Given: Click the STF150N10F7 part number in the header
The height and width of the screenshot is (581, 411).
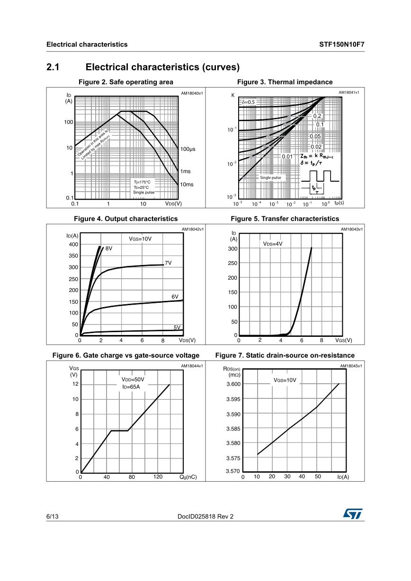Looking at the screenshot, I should [341, 44].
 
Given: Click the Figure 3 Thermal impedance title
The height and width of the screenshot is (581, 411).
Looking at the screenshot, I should [285, 82].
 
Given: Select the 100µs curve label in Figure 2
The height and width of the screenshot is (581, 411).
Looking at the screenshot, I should [188, 149].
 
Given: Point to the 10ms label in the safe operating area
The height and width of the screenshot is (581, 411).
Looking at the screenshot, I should [186, 185].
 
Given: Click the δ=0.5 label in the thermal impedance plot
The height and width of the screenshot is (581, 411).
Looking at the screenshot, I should [248, 102].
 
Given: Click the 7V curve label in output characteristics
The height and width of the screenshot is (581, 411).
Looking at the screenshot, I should [168, 263].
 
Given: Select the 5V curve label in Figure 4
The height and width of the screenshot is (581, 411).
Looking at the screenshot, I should [177, 327].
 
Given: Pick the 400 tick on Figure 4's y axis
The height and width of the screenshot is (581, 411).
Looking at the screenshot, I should [73, 245].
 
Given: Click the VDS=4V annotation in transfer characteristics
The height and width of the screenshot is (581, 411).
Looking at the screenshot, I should [273, 244].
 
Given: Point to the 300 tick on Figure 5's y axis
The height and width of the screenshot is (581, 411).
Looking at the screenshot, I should [232, 249].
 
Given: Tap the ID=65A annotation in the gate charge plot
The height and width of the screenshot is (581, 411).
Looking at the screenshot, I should [131, 387].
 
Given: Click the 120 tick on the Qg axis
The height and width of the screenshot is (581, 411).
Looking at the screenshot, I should [158, 477].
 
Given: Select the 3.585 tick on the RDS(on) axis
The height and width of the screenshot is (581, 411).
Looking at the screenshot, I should [233, 429].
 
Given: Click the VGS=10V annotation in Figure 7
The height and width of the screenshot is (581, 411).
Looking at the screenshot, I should [285, 380].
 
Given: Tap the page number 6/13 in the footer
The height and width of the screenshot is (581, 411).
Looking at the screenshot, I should [52, 517].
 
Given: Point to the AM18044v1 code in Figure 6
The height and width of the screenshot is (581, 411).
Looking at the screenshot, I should [192, 366].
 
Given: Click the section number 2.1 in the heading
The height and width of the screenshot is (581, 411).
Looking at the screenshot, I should [53, 67].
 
